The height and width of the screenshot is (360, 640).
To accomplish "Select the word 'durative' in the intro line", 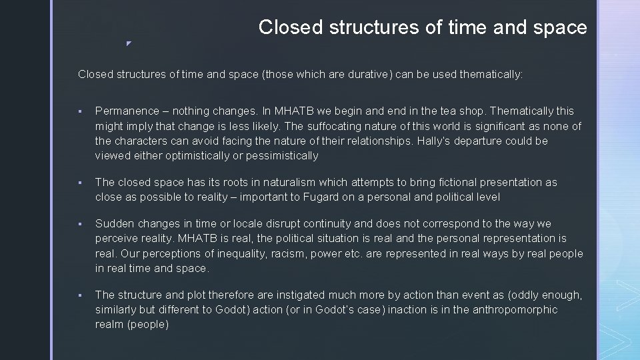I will point(367,75).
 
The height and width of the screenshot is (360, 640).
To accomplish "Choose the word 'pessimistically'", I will point(282,155).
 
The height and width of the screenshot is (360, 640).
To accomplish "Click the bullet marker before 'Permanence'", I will point(79,112).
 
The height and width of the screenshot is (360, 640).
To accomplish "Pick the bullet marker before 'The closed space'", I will point(79,183).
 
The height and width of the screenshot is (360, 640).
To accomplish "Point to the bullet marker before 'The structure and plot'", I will point(79,295).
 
